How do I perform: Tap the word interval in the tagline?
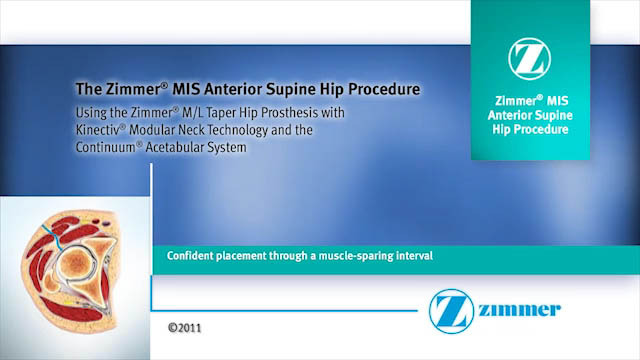(411, 256)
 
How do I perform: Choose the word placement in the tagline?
(245, 256)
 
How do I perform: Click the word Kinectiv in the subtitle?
(100, 131)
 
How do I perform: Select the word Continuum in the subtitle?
(106, 148)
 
